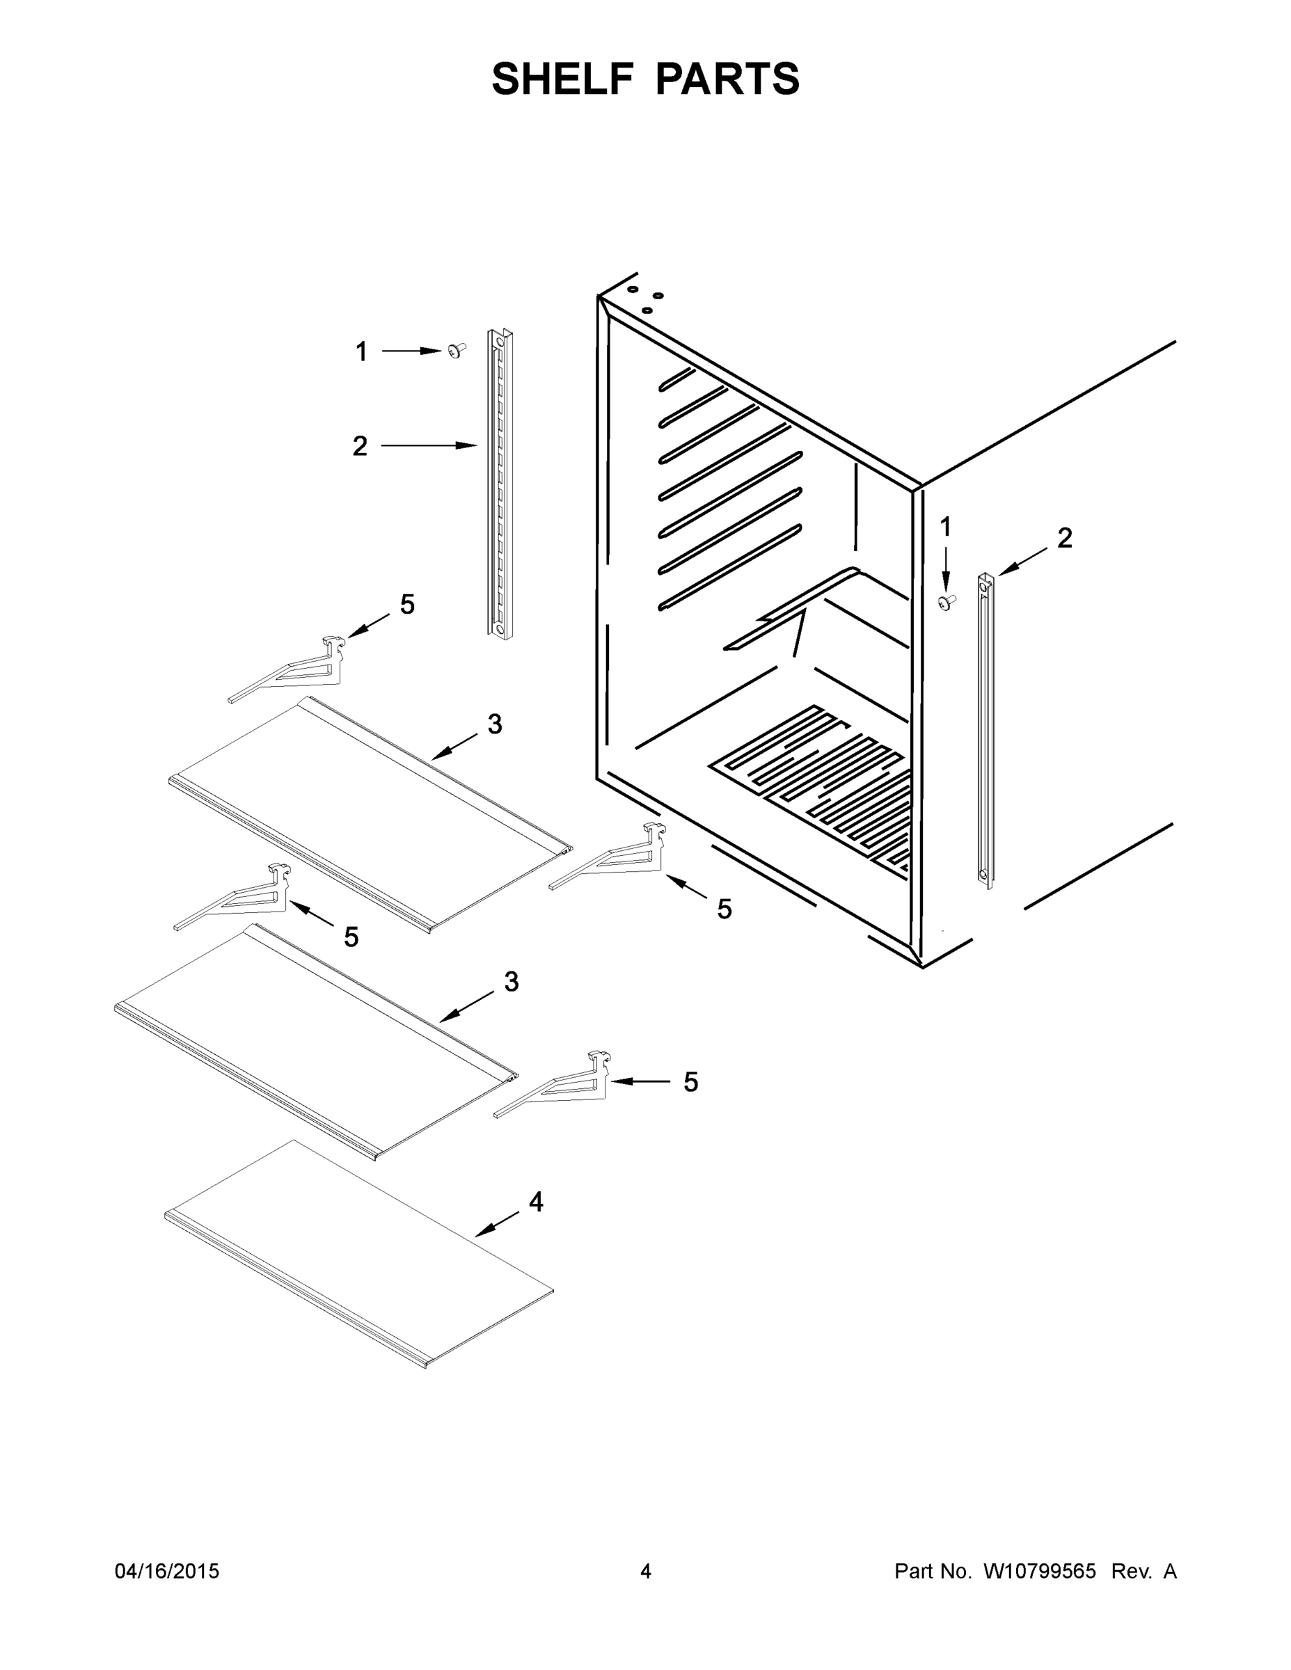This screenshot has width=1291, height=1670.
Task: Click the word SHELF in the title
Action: pos(563,79)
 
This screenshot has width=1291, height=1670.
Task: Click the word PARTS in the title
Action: pos(727,79)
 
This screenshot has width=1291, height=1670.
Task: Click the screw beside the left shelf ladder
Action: pos(457,350)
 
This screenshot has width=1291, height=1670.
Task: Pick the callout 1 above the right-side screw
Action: pos(946,527)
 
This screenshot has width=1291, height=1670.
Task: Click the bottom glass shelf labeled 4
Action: pos(359,1254)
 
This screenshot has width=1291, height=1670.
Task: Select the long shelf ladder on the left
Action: pos(500,484)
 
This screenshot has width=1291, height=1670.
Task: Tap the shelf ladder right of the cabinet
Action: pos(987,730)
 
